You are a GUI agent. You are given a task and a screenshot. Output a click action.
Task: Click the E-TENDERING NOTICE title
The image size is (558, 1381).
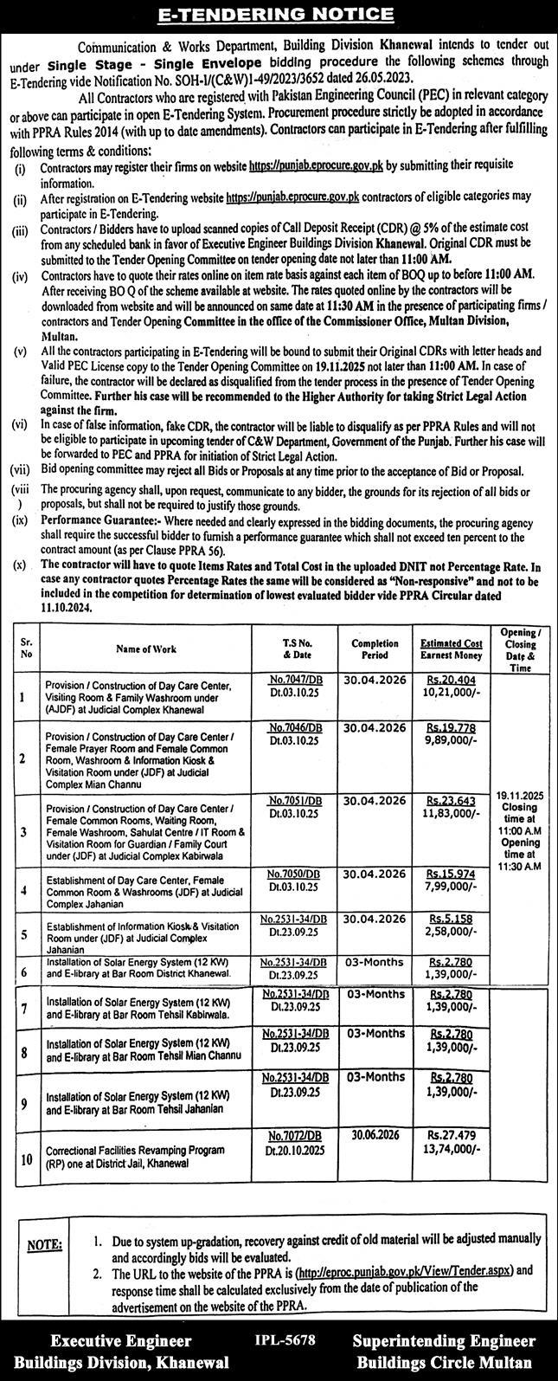(x=279, y=14)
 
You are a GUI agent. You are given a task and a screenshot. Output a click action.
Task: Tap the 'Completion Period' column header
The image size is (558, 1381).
(x=375, y=649)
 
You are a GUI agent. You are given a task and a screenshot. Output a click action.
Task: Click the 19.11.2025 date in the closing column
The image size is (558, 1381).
(x=523, y=793)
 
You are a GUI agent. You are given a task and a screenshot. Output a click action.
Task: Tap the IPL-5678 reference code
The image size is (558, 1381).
(x=285, y=1340)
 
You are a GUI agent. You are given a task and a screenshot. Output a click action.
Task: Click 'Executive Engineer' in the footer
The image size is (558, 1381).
(x=121, y=1341)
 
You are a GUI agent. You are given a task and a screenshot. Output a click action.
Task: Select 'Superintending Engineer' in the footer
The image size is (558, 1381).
(x=445, y=1341)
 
